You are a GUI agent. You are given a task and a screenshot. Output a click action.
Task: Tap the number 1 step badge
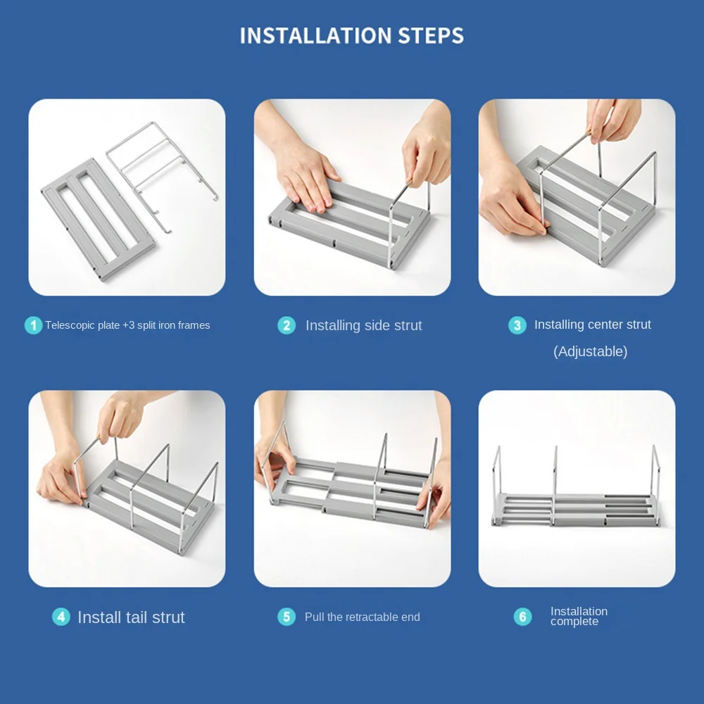point(33,325)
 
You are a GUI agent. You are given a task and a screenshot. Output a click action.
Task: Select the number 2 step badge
point(287,325)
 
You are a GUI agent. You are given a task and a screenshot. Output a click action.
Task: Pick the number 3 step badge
point(517,325)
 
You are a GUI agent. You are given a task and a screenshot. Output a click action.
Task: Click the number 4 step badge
point(61,617)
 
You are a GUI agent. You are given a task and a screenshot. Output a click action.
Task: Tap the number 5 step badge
point(287,617)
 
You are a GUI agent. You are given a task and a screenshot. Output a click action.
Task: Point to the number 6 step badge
point(522,617)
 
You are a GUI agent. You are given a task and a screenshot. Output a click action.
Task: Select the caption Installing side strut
point(363,325)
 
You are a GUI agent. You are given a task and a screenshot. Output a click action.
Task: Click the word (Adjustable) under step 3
point(590,351)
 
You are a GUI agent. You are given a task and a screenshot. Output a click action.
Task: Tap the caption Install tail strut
point(131,617)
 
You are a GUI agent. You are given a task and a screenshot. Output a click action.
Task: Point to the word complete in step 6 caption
point(574,622)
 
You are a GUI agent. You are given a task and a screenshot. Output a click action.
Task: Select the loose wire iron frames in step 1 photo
point(165,169)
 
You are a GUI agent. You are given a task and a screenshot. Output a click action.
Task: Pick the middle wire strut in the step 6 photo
point(555,486)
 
